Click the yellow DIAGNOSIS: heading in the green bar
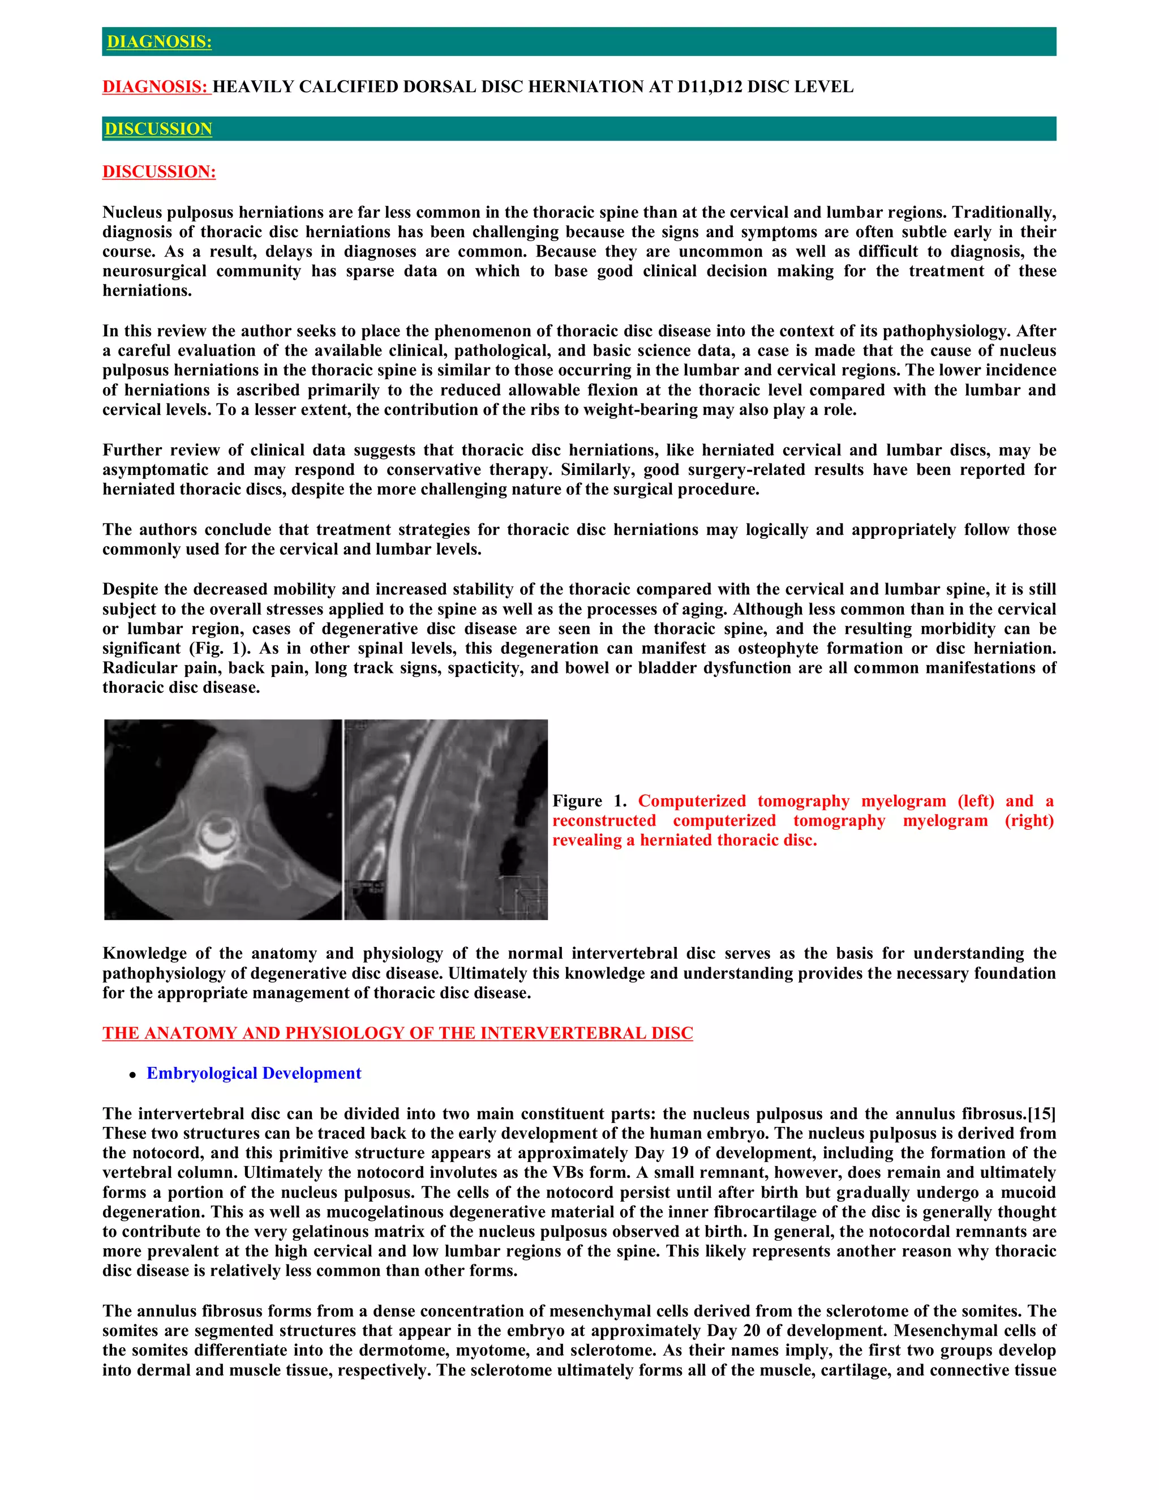pyautogui.click(x=158, y=42)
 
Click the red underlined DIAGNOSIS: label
pyautogui.click(x=155, y=87)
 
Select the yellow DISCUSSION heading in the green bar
pyautogui.click(x=158, y=129)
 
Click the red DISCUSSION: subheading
pyautogui.click(x=158, y=172)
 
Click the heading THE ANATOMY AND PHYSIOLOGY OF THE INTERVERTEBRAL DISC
pyautogui.click(x=397, y=1033)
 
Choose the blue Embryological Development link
pyautogui.click(x=254, y=1073)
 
